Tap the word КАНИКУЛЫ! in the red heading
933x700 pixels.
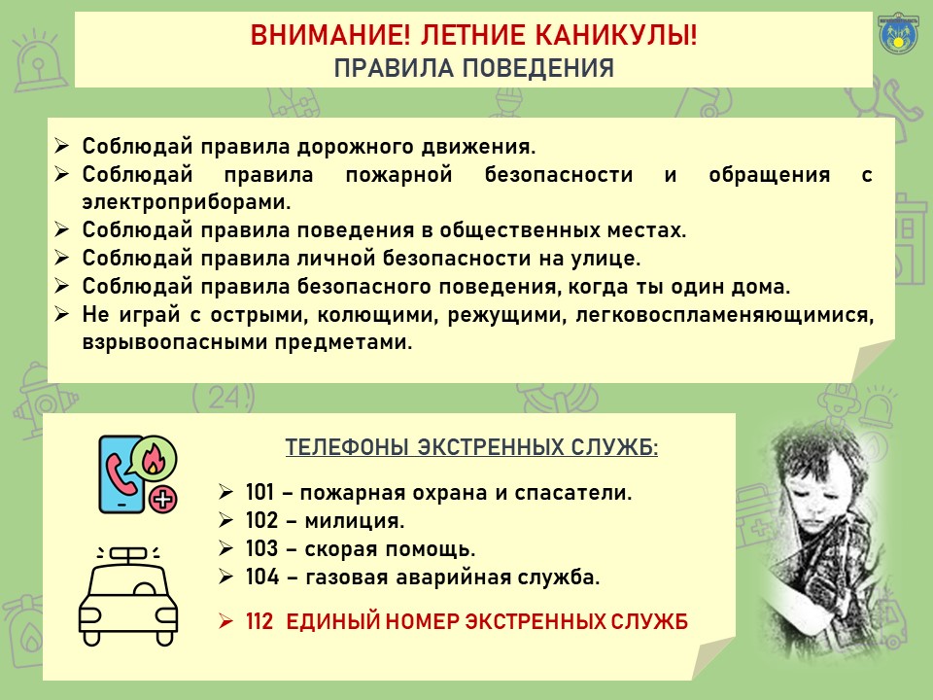[x=616, y=35]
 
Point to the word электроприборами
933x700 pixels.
[x=187, y=202]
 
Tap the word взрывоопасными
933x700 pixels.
[x=174, y=342]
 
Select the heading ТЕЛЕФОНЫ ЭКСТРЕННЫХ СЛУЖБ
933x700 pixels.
[x=471, y=447]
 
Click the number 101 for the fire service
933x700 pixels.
[x=260, y=492]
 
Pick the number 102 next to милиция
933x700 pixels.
[x=261, y=520]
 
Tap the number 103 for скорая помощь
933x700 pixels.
[x=261, y=548]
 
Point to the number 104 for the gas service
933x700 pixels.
[x=262, y=577]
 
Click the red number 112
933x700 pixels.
[x=259, y=621]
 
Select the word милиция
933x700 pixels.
[x=355, y=521]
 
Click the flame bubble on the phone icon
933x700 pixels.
[x=154, y=458]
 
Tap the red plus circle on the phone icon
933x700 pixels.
[x=163, y=499]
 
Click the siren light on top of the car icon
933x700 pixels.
[x=128, y=554]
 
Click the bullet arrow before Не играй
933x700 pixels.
[x=62, y=314]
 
